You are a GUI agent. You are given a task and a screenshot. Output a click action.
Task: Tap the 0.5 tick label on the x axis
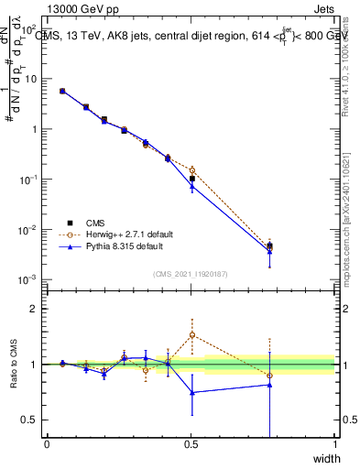coord(191,444)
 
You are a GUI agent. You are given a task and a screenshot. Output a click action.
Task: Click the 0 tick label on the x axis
coord(47,444)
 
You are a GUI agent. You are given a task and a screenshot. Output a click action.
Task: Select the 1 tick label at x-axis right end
coord(334,444)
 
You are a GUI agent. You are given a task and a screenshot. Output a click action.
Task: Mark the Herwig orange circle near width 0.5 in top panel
coord(192,170)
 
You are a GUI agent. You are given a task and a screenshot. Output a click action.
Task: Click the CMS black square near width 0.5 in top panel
coord(192,180)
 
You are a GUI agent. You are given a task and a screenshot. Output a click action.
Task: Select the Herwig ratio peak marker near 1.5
coord(192,335)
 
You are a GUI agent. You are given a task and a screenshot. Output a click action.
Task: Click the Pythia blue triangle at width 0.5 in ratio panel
coord(192,392)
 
